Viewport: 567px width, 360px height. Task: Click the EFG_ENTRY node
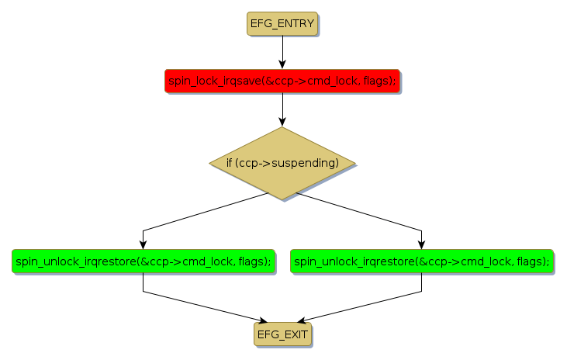pyautogui.click(x=282, y=24)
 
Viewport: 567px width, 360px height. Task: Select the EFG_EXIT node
pyautogui.click(x=282, y=334)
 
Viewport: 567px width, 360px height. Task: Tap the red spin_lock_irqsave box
pyautogui.click(x=282, y=81)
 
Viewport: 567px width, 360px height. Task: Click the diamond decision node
pyautogui.click(x=282, y=163)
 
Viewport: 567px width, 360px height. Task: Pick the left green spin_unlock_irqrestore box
pyautogui.click(x=143, y=261)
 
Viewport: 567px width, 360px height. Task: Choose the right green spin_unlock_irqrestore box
pyautogui.click(x=422, y=261)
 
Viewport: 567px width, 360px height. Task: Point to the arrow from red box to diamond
pyautogui.click(x=282, y=109)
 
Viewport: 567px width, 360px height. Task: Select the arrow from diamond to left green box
pyautogui.click(x=202, y=213)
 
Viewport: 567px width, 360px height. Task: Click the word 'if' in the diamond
pyautogui.click(x=230, y=164)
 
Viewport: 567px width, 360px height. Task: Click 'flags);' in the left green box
pyautogui.click(x=254, y=261)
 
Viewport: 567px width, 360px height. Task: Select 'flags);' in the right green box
pyautogui.click(x=533, y=261)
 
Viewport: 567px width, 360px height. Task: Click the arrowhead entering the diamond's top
pyautogui.click(x=282, y=122)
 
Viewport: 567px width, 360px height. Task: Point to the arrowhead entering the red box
pyautogui.click(x=282, y=64)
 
